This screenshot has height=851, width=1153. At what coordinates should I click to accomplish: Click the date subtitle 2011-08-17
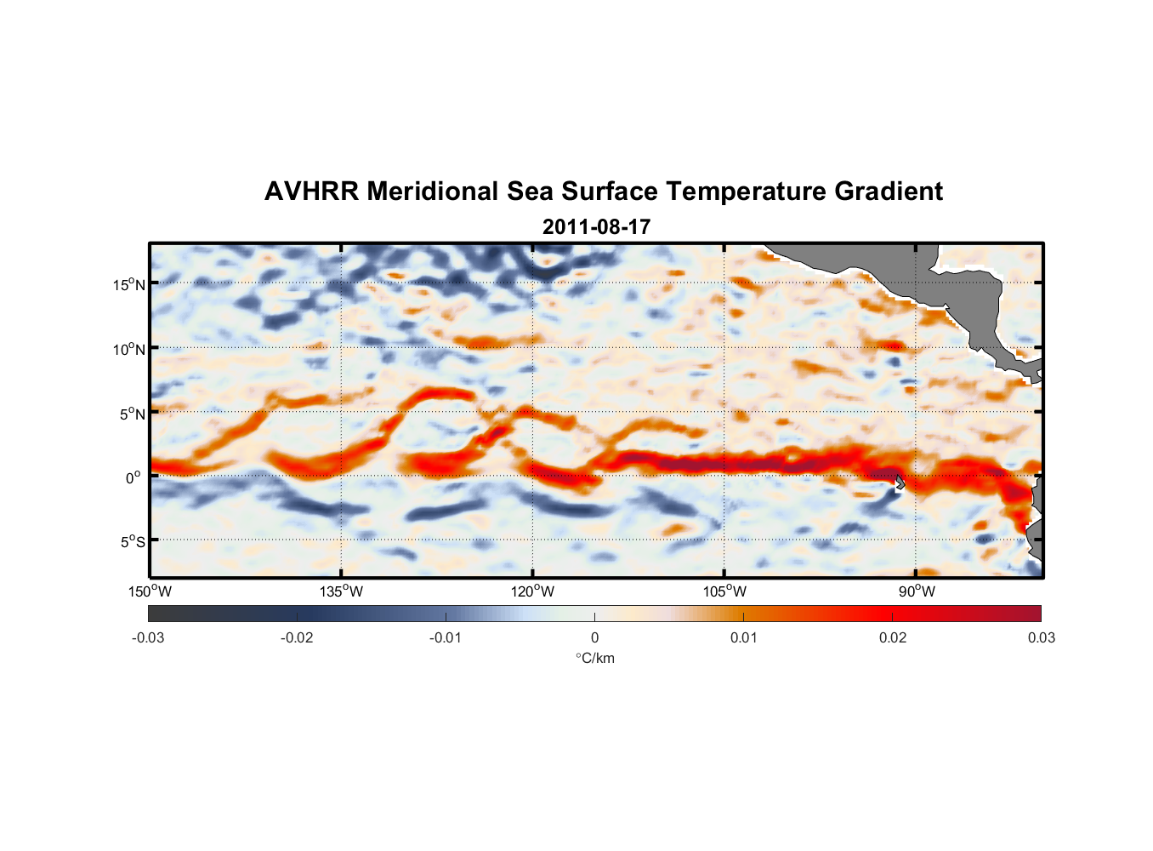[x=596, y=227]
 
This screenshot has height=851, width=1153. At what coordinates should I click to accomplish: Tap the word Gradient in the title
[x=888, y=191]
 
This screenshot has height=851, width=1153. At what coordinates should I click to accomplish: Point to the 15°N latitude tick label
[x=128, y=284]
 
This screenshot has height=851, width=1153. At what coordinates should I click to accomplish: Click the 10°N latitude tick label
[x=128, y=349]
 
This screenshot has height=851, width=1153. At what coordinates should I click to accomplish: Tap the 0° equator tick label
[x=133, y=477]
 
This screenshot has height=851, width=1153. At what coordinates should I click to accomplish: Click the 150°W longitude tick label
[x=151, y=591]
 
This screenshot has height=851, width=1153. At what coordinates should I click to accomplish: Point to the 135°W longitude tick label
[x=342, y=591]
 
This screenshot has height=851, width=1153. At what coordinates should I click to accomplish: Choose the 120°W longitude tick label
[x=533, y=591]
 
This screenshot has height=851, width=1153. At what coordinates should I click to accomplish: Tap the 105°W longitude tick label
[x=724, y=591]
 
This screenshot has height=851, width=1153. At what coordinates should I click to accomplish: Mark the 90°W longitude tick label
[x=917, y=591]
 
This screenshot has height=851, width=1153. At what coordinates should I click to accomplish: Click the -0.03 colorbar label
[x=148, y=637]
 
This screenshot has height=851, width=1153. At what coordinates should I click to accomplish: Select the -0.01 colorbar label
[x=446, y=637]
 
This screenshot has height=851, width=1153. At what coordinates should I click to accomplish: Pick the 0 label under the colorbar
[x=594, y=637]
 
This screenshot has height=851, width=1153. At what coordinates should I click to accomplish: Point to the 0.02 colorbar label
[x=893, y=637]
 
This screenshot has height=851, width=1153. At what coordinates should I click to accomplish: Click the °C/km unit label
[x=595, y=658]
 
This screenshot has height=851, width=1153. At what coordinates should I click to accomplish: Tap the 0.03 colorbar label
[x=1041, y=637]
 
